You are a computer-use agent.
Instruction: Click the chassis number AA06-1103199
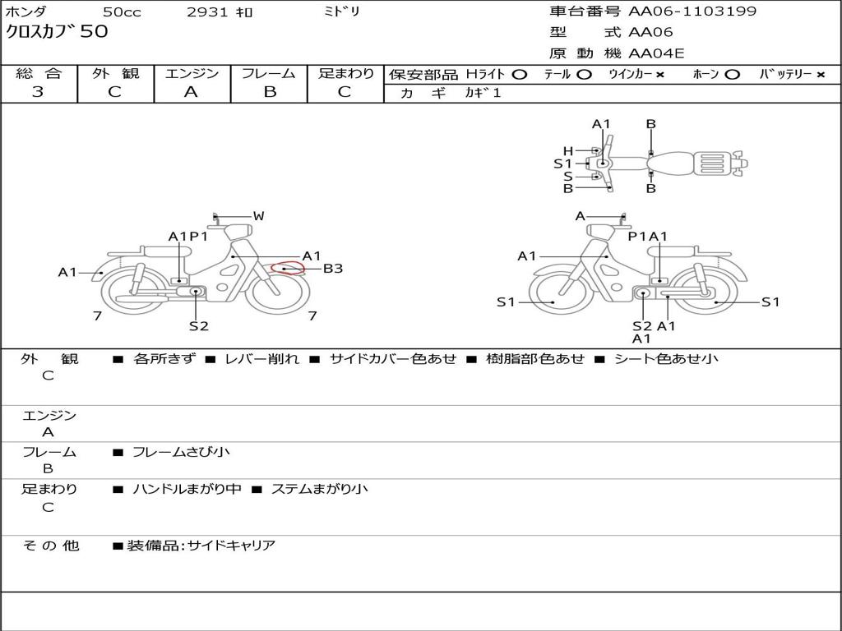click(x=692, y=12)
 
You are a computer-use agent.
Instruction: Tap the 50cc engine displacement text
click(x=121, y=12)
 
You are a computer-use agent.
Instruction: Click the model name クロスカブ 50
click(x=57, y=33)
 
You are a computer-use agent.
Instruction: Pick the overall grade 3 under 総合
click(x=38, y=92)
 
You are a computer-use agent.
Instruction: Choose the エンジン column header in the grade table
click(x=192, y=74)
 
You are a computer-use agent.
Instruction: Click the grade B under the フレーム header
click(x=269, y=92)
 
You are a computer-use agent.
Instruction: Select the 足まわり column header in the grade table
click(x=345, y=74)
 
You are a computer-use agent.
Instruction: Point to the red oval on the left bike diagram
click(x=288, y=268)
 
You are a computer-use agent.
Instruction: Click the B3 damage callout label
click(x=332, y=268)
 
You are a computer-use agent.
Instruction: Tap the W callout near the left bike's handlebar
click(x=258, y=216)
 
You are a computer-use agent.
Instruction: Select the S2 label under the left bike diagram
click(x=198, y=326)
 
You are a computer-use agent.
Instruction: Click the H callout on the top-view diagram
click(x=567, y=150)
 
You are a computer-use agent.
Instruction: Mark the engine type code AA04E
click(x=656, y=54)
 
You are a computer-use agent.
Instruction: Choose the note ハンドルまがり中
click(x=187, y=489)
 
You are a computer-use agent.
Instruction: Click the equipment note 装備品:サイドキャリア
click(x=201, y=546)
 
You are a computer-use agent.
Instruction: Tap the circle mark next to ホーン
click(x=733, y=75)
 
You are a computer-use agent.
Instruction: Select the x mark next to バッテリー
click(x=821, y=75)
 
